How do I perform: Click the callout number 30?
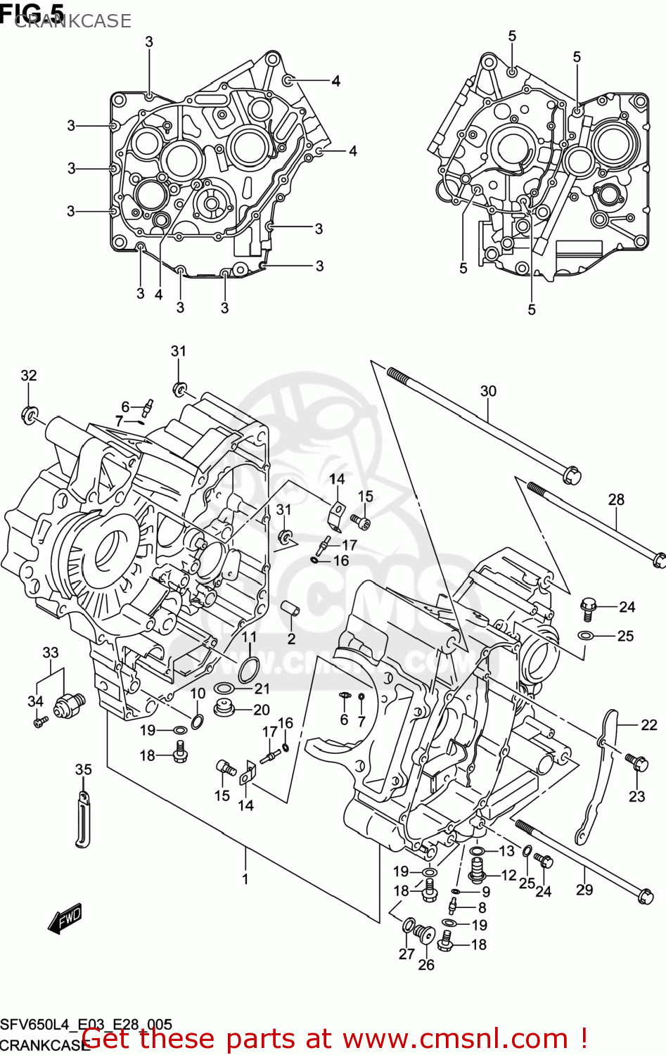[x=488, y=391]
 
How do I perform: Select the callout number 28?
[x=616, y=499]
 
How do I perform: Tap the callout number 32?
[x=28, y=376]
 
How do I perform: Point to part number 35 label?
[x=83, y=769]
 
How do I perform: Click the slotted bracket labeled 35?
[x=83, y=820]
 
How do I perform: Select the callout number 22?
[x=648, y=724]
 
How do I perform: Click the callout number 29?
[x=584, y=890]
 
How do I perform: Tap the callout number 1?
[x=245, y=878]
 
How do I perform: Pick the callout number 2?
[x=291, y=639]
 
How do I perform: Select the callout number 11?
[x=250, y=637]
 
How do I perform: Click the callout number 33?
[x=51, y=653]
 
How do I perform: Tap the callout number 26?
[x=426, y=965]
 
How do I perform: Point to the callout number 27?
[x=406, y=954]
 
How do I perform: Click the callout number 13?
[x=506, y=851]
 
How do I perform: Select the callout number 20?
[x=262, y=710]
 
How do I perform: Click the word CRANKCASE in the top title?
[x=72, y=21]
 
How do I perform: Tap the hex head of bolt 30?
[x=572, y=476]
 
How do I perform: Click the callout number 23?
[x=636, y=796]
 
